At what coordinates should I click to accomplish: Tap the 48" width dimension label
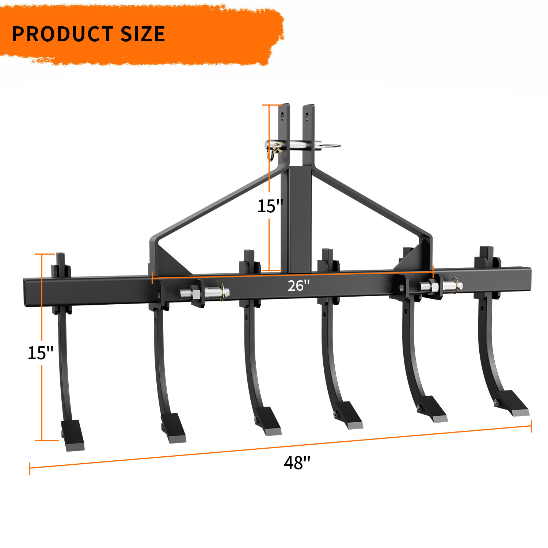pos(297,463)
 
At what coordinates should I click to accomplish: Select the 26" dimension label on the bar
pos(298,285)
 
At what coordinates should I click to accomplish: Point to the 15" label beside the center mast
pos(270,206)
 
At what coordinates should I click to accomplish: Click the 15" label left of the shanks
pos(40,353)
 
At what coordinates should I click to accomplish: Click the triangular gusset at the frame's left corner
pos(171,260)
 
